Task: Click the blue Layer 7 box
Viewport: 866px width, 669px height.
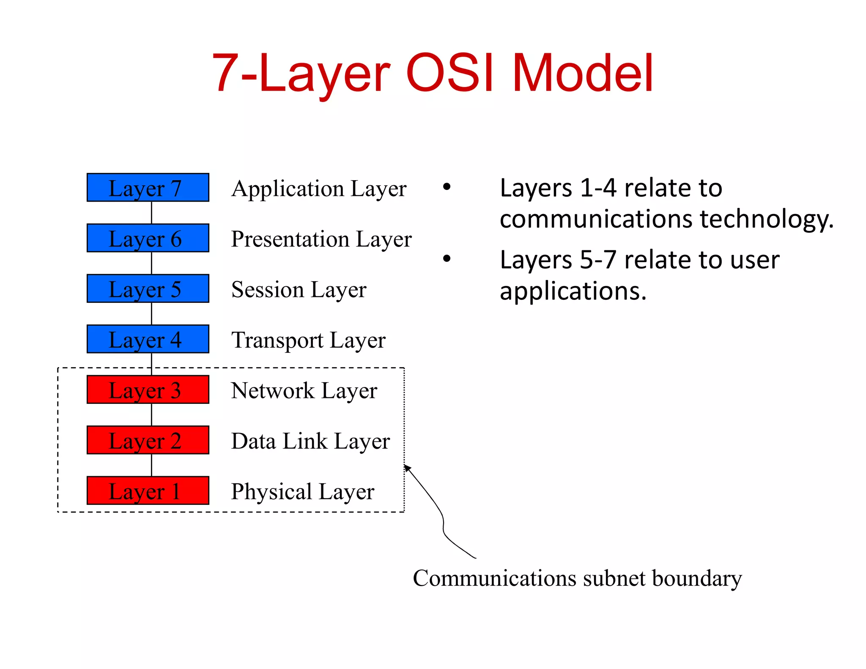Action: (x=148, y=187)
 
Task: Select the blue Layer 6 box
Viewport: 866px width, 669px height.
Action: (x=148, y=238)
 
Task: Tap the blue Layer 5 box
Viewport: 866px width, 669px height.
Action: (x=148, y=288)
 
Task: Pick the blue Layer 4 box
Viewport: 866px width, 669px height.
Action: (x=148, y=339)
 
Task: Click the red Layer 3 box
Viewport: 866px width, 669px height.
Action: (x=148, y=389)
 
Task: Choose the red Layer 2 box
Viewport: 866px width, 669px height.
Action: (x=148, y=440)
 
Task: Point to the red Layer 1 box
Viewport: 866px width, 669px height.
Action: (x=148, y=491)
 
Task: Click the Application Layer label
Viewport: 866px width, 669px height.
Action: (x=319, y=189)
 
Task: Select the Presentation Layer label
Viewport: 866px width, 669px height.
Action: (x=321, y=239)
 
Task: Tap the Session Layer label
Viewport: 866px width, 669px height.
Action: (x=299, y=290)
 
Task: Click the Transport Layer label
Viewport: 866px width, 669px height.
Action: (x=308, y=340)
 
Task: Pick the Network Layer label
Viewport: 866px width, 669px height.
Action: (x=304, y=391)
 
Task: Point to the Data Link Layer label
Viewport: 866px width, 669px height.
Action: (x=310, y=441)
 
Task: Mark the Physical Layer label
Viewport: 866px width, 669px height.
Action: (x=303, y=492)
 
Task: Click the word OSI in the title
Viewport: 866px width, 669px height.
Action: (x=450, y=73)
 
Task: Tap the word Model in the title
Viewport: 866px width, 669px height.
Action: (x=583, y=73)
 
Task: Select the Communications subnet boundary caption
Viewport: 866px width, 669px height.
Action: (x=577, y=579)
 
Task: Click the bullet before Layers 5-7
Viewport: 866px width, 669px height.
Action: (x=447, y=258)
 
